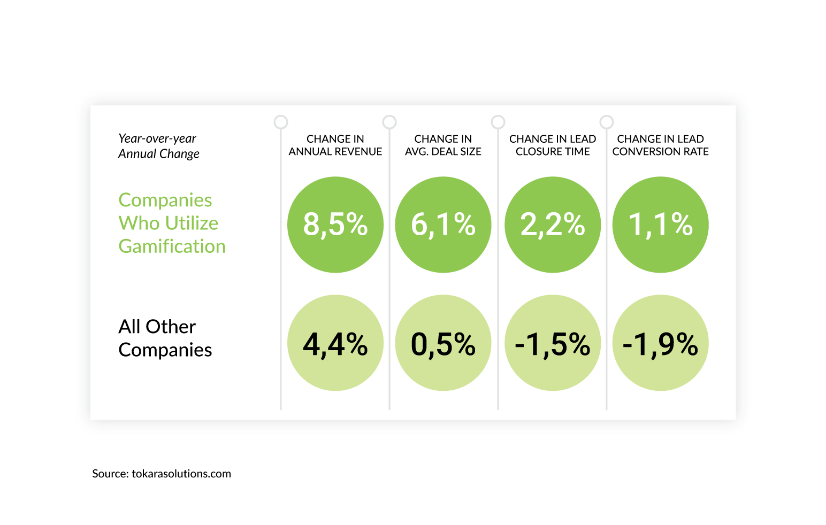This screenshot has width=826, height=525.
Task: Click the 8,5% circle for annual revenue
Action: pyautogui.click(x=335, y=225)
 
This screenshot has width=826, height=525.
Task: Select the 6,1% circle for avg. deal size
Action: pyautogui.click(x=443, y=225)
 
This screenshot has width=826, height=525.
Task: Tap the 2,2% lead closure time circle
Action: pyautogui.click(x=553, y=225)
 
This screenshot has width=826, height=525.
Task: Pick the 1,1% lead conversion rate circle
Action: pyautogui.click(x=661, y=225)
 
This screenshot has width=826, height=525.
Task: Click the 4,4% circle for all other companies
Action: pyautogui.click(x=335, y=343)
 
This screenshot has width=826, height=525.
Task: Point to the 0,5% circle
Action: pyautogui.click(x=443, y=343)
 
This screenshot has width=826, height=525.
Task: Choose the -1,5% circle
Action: pyautogui.click(x=553, y=343)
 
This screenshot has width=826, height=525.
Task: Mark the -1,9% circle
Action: pyautogui.click(x=661, y=343)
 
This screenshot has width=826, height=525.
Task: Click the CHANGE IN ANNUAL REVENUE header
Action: pyautogui.click(x=335, y=145)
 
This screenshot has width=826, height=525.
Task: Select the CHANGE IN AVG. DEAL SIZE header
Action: pyautogui.click(x=443, y=145)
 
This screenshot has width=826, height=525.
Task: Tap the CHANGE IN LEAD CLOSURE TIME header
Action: pyautogui.click(x=553, y=145)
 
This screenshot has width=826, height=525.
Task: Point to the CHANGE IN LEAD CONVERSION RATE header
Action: pyautogui.click(x=661, y=145)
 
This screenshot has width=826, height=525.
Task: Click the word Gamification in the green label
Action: pyautogui.click(x=172, y=246)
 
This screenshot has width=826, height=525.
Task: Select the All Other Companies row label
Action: pyautogui.click(x=165, y=338)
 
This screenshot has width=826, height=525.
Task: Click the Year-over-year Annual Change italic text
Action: pyautogui.click(x=158, y=146)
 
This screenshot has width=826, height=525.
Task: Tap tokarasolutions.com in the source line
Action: pyautogui.click(x=181, y=474)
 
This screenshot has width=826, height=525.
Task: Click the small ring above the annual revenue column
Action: pyautogui.click(x=281, y=122)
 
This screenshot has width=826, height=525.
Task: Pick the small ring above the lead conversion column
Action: pyautogui.click(x=607, y=122)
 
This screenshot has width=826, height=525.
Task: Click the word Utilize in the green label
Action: pyautogui.click(x=191, y=223)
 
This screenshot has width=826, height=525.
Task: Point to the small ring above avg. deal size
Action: pyautogui.click(x=389, y=122)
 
